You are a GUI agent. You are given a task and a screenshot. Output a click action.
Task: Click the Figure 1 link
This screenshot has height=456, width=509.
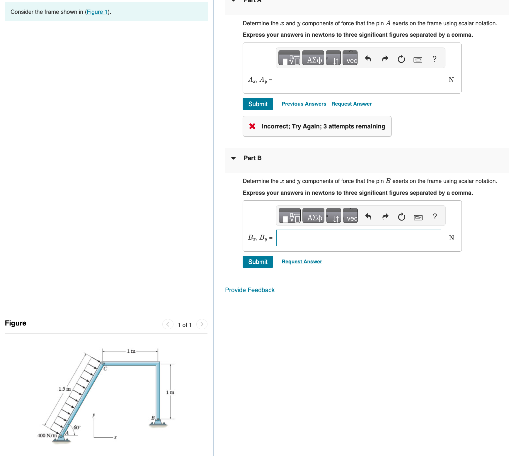click(97, 12)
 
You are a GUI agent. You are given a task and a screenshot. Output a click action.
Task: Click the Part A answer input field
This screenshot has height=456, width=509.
click(358, 80)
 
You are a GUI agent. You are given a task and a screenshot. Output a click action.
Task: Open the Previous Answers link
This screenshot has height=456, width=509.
click(304, 104)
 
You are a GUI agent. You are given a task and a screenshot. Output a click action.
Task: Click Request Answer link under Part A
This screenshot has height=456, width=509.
click(351, 104)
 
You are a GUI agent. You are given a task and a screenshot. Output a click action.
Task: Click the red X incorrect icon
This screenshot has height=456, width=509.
click(252, 126)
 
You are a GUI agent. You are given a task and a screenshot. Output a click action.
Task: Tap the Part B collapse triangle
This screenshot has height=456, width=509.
click(233, 158)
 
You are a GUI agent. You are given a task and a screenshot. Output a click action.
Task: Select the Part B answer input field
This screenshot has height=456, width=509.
click(358, 238)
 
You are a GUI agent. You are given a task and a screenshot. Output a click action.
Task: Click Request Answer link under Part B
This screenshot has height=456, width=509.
click(302, 262)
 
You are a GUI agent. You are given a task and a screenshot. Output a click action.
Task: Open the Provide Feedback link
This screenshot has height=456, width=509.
click(250, 290)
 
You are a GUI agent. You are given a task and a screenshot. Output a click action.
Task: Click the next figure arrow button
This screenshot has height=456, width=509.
click(202, 324)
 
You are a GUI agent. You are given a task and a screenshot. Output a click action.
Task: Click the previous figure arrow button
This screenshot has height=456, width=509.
click(168, 324)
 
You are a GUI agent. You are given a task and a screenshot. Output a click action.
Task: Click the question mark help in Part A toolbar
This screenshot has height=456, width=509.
click(434, 59)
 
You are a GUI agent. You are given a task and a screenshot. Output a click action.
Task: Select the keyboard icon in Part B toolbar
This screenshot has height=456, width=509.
click(418, 218)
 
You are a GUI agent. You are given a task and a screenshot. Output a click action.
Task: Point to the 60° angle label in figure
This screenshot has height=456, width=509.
click(77, 428)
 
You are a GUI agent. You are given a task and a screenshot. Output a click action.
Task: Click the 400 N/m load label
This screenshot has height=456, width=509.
click(47, 435)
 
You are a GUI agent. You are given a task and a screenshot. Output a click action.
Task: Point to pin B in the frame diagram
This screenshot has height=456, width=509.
click(158, 420)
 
